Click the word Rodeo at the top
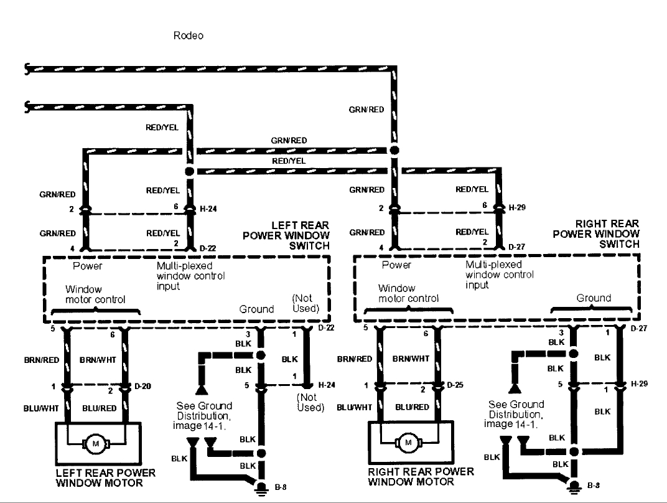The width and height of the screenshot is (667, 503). pos(189,36)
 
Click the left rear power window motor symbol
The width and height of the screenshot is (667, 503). pos(96,443)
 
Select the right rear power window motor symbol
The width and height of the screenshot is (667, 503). pos(408,443)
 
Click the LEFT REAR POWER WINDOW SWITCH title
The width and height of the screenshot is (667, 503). pos(286,235)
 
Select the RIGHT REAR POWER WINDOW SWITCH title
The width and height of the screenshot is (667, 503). pos(596,234)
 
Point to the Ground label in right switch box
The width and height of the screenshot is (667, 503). pos(594,298)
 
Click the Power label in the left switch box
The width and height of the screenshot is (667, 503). pos(88,266)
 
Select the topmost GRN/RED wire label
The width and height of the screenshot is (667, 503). pos(366,110)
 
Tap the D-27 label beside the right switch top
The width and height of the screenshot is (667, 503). pos(517,247)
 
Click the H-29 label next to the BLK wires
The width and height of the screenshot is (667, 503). pos(639,383)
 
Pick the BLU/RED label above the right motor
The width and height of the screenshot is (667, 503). pos(413,407)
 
